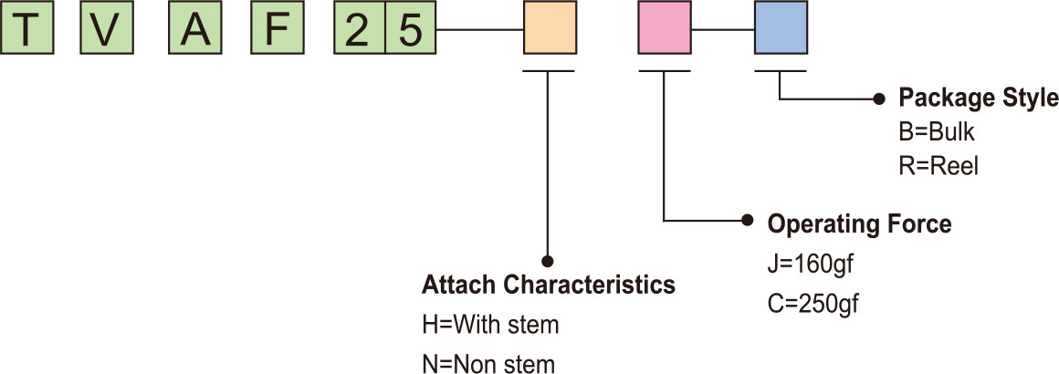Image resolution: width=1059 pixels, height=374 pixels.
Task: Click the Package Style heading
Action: [x=979, y=99]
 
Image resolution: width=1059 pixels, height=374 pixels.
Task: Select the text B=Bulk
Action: [x=937, y=132]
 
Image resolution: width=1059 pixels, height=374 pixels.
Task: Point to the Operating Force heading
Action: [x=859, y=223]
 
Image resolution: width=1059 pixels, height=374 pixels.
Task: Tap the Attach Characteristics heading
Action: [x=548, y=286]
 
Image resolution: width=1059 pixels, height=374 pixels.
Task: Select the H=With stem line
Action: [x=489, y=325]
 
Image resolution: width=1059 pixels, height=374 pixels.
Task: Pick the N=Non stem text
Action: [x=488, y=364]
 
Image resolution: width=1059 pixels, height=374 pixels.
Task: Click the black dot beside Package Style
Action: [x=880, y=98]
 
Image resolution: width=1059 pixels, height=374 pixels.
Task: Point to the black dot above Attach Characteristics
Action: [x=548, y=260]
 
